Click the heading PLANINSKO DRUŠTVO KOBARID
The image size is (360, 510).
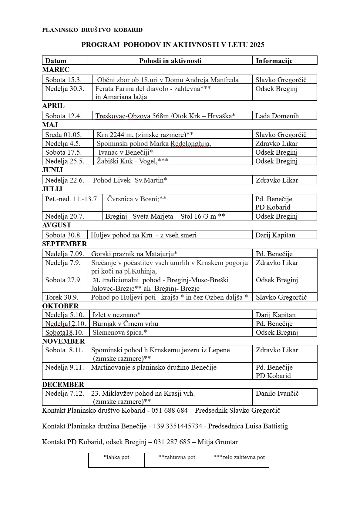[x=92, y=30]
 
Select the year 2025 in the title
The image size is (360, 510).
[x=257, y=45]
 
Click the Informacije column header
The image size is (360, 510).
[x=274, y=61]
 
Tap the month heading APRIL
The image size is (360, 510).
[x=53, y=106]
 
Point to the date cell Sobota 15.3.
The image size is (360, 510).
[x=63, y=80]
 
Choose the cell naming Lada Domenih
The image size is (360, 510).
[x=277, y=116]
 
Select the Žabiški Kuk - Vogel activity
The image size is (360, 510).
[x=132, y=161]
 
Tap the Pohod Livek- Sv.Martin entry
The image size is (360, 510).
[x=130, y=180]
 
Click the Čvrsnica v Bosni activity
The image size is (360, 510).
[x=136, y=199]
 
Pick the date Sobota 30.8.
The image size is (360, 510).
[x=63, y=235]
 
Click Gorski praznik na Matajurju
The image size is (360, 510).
[x=134, y=254]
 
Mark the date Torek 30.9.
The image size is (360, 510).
[x=62, y=297]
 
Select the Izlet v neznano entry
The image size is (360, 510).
[x=116, y=315]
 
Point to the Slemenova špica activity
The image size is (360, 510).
[x=119, y=333]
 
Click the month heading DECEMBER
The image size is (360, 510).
[x=63, y=384]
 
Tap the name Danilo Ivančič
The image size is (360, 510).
[x=277, y=394]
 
